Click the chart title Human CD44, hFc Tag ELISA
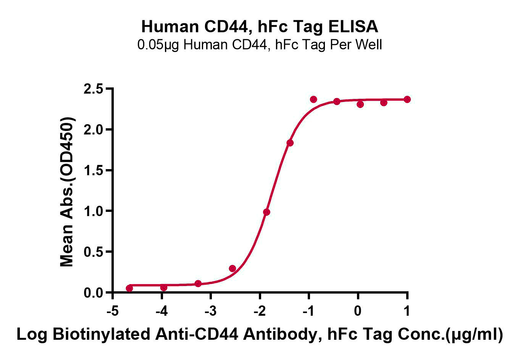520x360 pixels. click(260, 27)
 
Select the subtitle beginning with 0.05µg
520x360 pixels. click(260, 45)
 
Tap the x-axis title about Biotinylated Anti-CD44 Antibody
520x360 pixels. click(260, 334)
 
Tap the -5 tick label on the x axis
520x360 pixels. click(112, 311)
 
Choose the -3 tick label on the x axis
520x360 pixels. click(210, 311)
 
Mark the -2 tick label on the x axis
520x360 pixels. click(259, 311)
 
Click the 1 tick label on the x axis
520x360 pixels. click(407, 311)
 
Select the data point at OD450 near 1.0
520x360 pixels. click(266, 212)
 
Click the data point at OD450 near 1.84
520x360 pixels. click(290, 143)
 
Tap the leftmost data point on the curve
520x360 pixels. click(129, 288)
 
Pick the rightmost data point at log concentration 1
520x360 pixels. click(407, 99)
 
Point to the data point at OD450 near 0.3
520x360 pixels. click(232, 268)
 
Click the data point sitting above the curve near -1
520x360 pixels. click(313, 99)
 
